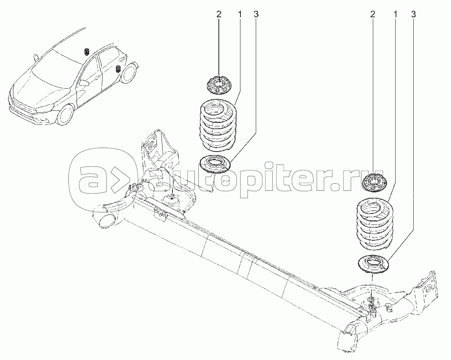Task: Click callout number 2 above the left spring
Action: click(219, 15)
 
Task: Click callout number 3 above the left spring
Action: click(256, 15)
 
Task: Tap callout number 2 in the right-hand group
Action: click(372, 15)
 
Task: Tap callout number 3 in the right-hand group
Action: click(413, 15)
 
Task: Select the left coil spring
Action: click(217, 125)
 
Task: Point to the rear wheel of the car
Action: click(128, 74)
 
